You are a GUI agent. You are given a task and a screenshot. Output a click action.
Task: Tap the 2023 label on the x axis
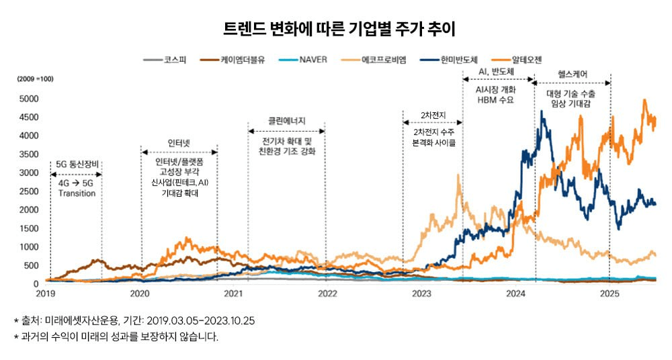pos(421,294)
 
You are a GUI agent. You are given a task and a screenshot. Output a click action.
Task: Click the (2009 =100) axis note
pos(36,79)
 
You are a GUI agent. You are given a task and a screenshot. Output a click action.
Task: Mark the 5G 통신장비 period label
pos(76,164)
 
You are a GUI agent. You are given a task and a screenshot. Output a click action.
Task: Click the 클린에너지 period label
pos(287,121)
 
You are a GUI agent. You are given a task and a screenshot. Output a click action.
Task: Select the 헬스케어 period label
pos(573,73)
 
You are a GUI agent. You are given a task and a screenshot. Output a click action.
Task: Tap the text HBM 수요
pos(495,100)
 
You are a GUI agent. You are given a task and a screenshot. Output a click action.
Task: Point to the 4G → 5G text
pos(77,183)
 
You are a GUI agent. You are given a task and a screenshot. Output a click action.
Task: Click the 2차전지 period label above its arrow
pos(433,115)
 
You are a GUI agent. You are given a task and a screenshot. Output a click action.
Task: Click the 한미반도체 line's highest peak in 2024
pos(542,111)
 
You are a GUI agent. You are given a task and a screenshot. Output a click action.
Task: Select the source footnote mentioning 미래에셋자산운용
pos(134,321)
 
